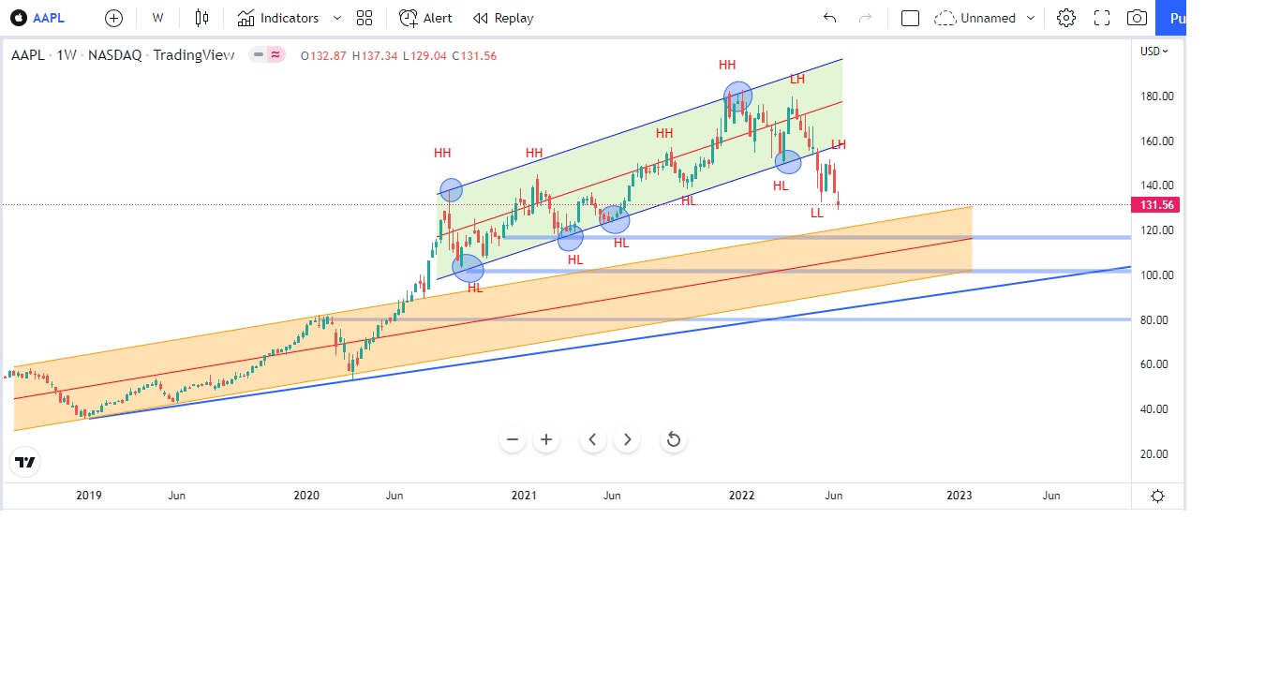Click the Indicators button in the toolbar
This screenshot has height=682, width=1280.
click(277, 18)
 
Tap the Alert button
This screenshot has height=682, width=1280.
click(425, 18)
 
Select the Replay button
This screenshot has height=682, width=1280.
click(503, 18)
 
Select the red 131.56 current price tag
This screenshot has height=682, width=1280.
click(1155, 205)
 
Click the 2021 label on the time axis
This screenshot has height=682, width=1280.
click(524, 496)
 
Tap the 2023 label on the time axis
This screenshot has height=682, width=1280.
click(959, 496)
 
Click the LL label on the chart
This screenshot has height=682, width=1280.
click(817, 213)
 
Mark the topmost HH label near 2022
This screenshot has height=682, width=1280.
click(727, 65)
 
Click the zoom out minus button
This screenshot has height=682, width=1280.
click(513, 439)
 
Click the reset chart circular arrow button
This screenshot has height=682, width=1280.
click(673, 439)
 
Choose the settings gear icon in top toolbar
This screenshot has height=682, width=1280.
click(1065, 18)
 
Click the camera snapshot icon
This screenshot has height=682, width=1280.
click(1137, 18)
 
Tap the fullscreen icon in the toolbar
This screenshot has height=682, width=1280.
click(1101, 18)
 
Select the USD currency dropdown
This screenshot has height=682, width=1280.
click(1153, 52)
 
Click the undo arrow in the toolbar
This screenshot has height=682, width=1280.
click(829, 18)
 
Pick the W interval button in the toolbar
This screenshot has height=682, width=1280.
click(157, 18)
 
